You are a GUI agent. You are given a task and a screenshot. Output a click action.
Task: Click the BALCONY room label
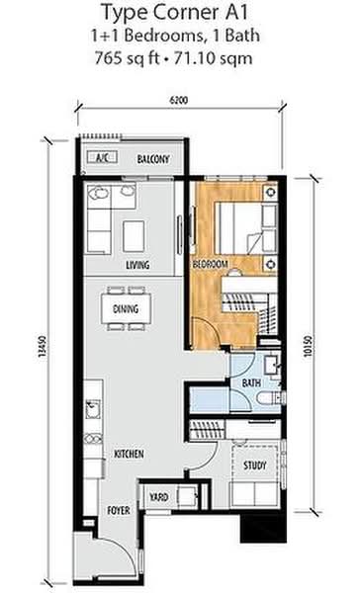click(x=153, y=159)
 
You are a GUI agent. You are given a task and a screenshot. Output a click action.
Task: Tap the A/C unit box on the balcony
click(x=102, y=157)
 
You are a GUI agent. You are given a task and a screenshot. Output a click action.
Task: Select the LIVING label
click(x=137, y=265)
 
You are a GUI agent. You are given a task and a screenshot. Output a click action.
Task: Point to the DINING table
click(x=126, y=308)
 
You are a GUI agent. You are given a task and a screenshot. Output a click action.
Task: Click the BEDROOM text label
click(x=211, y=264)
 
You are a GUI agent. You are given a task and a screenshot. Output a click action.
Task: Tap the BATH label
click(x=251, y=382)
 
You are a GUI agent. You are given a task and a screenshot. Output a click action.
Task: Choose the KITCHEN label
click(x=130, y=454)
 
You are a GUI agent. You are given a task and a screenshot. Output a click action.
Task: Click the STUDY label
click(x=255, y=465)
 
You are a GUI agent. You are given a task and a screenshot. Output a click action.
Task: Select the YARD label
click(x=158, y=497)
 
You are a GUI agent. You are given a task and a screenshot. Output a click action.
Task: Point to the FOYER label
click(x=119, y=511)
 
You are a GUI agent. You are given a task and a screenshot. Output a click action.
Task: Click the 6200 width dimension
click(x=178, y=100)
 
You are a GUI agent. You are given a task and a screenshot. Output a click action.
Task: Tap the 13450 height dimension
click(x=43, y=347)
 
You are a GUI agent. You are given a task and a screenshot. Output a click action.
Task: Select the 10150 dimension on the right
click(x=308, y=346)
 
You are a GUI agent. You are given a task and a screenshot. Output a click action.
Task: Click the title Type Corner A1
click(x=175, y=13)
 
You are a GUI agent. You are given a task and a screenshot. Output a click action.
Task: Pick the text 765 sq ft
click(x=128, y=58)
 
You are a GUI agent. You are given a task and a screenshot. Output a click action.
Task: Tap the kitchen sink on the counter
click(x=93, y=409)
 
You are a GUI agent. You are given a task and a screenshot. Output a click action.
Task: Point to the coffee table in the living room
click(x=134, y=236)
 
